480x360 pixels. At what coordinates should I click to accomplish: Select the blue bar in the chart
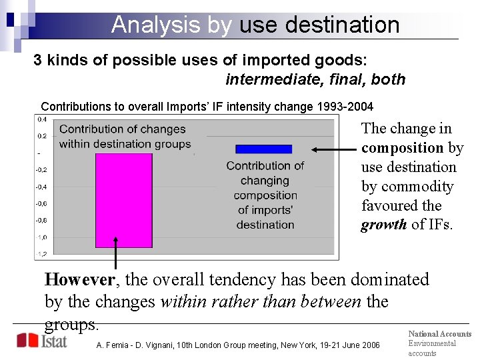[263, 149]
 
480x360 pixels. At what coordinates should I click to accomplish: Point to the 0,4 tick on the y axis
[41, 120]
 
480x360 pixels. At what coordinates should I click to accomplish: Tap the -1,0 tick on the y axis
[41, 237]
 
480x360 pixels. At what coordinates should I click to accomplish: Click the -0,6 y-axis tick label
[41, 204]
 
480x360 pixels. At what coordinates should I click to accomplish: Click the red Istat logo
[41, 341]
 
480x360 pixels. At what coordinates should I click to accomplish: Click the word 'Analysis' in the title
[156, 25]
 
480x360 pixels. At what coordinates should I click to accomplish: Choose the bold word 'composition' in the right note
[402, 148]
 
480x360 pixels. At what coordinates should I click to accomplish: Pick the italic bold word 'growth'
[383, 225]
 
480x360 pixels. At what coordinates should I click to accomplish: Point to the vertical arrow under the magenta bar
[116, 253]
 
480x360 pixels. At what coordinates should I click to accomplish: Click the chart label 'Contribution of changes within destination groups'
[125, 137]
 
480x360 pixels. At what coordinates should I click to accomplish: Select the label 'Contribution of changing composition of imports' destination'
[265, 195]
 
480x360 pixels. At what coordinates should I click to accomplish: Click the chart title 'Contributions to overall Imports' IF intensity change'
[207, 107]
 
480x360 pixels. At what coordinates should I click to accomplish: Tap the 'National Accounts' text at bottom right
[439, 334]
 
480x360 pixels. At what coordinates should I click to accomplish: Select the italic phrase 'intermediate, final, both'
[315, 79]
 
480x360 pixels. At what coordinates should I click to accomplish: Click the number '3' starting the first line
[38, 60]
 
